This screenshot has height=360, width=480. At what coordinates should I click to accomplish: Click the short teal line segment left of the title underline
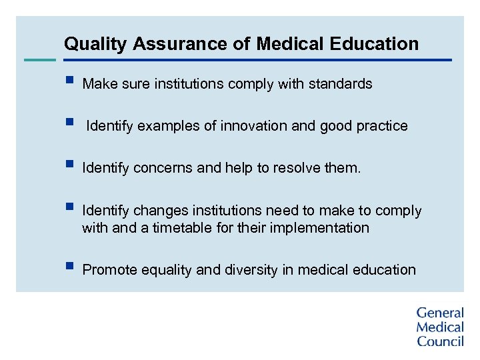tap(39, 60)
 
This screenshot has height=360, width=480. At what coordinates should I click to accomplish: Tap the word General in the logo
tap(440, 313)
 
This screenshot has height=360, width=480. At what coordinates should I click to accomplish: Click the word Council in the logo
tap(440, 341)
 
